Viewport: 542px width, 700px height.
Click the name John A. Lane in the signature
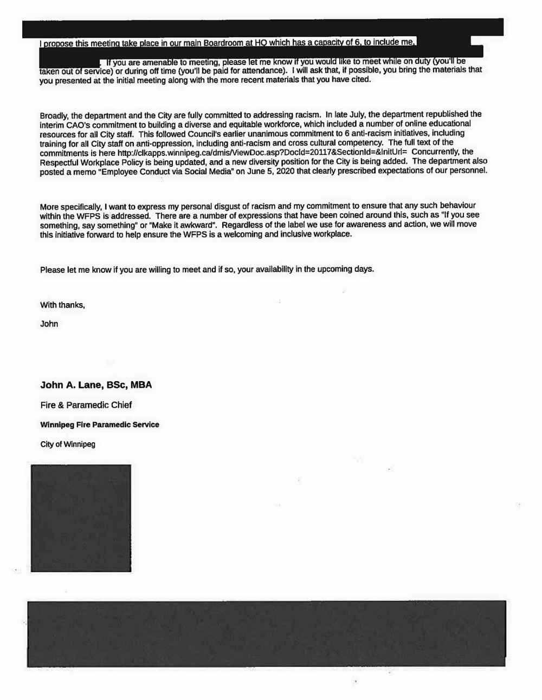point(71,385)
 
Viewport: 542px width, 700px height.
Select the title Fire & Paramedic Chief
point(86,405)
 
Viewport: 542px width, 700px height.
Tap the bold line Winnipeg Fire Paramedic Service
point(100,425)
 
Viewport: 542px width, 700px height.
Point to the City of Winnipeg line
point(68,444)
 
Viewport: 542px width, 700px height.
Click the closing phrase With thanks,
point(62,305)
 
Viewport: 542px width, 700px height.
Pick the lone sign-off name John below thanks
point(49,324)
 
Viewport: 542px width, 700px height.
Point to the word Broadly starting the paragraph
point(54,115)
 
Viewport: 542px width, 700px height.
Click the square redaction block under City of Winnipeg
point(81,518)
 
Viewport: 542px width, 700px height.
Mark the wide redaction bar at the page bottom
point(266,633)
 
